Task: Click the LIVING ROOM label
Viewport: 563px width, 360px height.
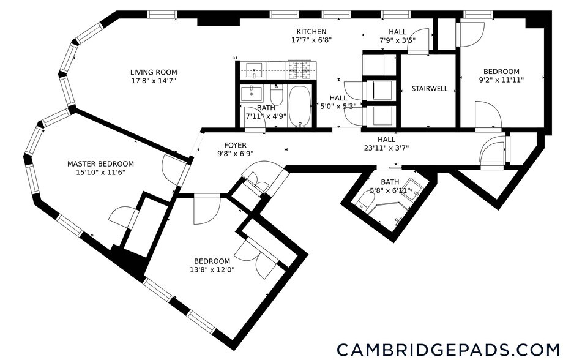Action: pos(153,72)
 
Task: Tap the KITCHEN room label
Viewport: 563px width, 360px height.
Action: pos(311,32)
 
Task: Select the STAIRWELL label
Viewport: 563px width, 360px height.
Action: pos(429,89)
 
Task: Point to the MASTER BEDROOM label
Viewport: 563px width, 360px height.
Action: pos(100,164)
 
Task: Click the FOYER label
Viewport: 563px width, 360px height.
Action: pos(235,146)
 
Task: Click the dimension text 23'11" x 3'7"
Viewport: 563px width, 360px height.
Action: pos(385,148)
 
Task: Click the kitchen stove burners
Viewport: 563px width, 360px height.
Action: pos(300,68)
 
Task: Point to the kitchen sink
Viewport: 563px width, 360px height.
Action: pos(253,67)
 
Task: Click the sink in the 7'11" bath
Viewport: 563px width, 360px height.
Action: pos(250,94)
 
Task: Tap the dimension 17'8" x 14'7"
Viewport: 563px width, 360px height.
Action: pos(153,81)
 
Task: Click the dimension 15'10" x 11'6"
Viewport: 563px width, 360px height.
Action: pos(100,173)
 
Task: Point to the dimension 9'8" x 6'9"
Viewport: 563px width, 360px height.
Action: pos(235,154)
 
